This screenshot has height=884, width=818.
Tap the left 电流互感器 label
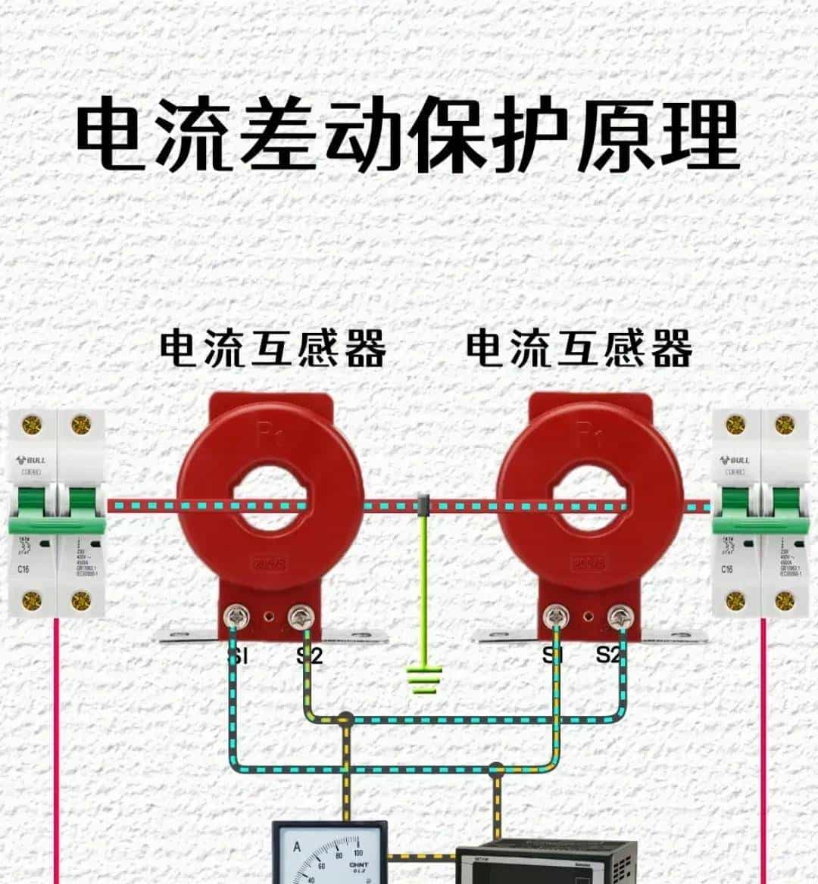click(273, 349)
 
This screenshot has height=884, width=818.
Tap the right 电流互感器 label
click(579, 349)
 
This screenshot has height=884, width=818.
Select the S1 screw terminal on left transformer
click(234, 618)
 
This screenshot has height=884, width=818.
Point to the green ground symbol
click(424, 678)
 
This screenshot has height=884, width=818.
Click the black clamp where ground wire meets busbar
click(424, 505)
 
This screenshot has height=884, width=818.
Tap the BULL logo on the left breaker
click(32, 460)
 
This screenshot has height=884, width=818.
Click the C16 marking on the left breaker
click(23, 568)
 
